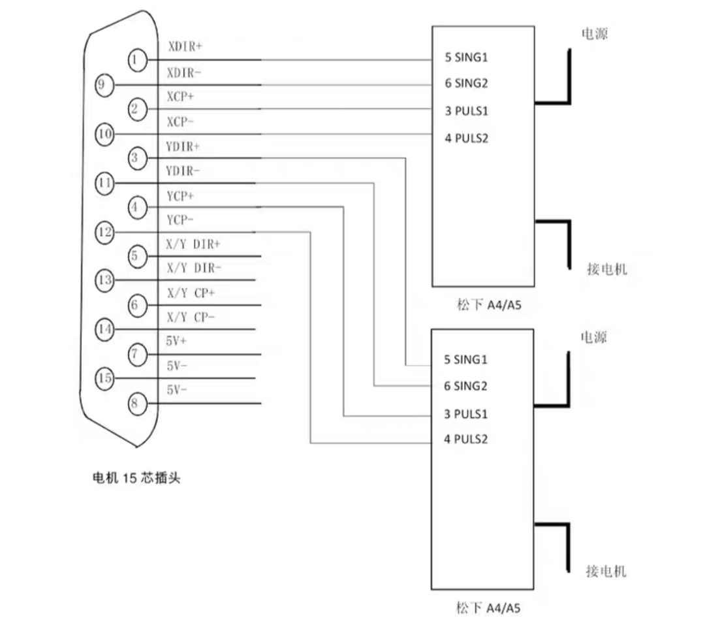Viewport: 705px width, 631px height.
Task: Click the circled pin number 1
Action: click(x=137, y=60)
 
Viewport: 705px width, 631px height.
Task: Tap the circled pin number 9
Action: click(x=104, y=85)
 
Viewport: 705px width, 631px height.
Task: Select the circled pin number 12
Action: click(x=104, y=233)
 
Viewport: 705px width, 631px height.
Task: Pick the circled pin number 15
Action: click(x=104, y=378)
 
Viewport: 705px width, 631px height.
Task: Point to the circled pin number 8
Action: click(x=137, y=403)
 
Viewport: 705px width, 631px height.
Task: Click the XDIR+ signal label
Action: click(x=185, y=46)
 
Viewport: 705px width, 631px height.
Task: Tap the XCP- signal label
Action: click(x=180, y=121)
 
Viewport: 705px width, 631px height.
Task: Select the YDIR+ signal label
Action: click(x=183, y=146)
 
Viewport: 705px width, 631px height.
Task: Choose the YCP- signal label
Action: click(x=180, y=220)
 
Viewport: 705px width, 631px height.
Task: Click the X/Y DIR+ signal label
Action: click(x=193, y=244)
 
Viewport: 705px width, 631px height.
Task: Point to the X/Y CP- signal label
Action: click(x=191, y=317)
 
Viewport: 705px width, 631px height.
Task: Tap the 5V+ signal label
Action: click(x=176, y=341)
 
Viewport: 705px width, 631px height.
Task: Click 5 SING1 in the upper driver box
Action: click(x=466, y=57)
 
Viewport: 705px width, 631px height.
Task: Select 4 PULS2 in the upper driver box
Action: click(x=466, y=138)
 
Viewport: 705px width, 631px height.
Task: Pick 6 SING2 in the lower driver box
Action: click(x=465, y=385)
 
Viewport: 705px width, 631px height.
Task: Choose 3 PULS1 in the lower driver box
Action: click(x=465, y=413)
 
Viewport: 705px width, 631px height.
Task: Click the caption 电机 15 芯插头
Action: click(x=136, y=477)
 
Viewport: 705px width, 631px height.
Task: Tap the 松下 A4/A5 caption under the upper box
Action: click(x=489, y=304)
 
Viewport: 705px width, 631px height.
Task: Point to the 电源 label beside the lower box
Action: click(x=593, y=337)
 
